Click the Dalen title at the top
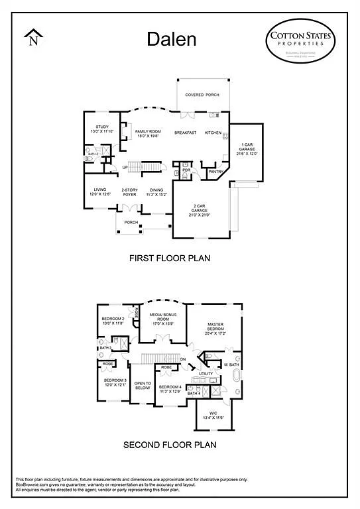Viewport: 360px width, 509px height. point(172,39)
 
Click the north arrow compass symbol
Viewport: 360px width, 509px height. point(33,38)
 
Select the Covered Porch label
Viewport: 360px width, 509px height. point(202,95)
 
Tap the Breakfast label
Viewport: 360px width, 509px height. point(186,133)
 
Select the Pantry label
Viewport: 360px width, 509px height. point(215,172)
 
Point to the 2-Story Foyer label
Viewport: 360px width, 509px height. point(129,193)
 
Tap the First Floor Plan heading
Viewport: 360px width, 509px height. point(170,258)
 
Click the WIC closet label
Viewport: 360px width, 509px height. point(217,416)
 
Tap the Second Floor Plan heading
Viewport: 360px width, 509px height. point(170,444)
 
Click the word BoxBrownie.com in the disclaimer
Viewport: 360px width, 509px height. point(31,484)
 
